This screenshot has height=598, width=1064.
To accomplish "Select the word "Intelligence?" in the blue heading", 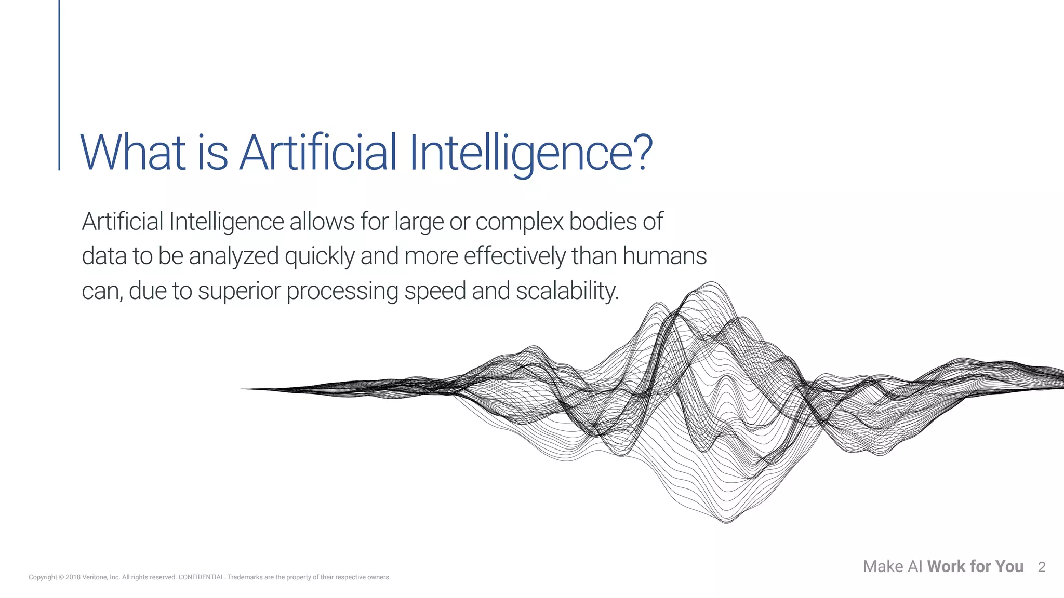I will click(530, 153).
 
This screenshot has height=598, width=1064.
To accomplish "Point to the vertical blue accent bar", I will click(59, 85).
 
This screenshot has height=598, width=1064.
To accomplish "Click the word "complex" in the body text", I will click(519, 222).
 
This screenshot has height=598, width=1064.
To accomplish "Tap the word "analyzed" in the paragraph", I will click(233, 256).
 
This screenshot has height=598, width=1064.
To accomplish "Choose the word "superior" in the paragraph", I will click(239, 291).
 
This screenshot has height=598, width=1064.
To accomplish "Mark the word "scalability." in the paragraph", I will click(567, 291).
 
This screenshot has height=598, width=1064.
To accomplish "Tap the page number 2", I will click(1041, 567).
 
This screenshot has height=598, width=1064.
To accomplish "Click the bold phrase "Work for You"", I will click(975, 566).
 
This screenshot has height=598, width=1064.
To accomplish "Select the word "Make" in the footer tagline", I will click(883, 566).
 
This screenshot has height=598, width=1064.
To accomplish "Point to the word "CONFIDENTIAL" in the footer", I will click(201, 577).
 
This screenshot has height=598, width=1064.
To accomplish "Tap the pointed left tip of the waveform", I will click(242, 389).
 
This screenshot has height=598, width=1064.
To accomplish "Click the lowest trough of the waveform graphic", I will click(726, 521).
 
